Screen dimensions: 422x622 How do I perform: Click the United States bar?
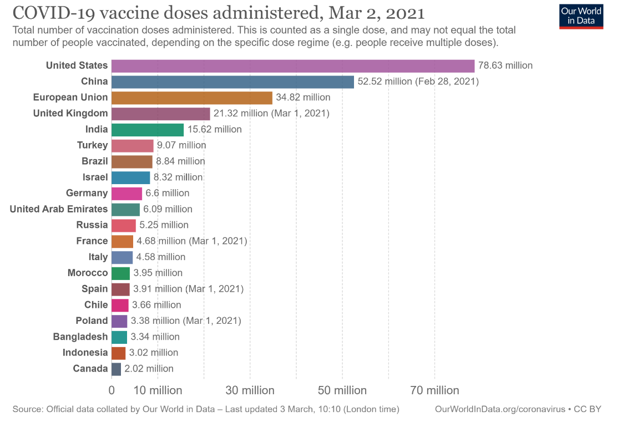[x=293, y=66]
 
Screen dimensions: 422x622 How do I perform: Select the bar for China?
[x=232, y=82]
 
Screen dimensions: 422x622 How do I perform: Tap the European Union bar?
[x=192, y=98]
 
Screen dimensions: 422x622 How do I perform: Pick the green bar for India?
[x=148, y=130]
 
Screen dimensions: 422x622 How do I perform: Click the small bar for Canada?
[x=117, y=369]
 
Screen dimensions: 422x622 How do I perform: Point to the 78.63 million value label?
[x=505, y=66]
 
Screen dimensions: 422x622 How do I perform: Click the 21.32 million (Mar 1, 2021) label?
[x=271, y=114]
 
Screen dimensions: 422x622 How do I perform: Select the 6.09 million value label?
[x=168, y=209]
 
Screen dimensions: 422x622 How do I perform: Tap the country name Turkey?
[x=92, y=145]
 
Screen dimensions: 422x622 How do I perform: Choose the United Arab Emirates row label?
[x=59, y=209]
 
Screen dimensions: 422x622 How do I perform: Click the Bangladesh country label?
[x=80, y=337]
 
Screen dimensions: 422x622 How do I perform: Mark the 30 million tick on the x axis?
[x=250, y=390]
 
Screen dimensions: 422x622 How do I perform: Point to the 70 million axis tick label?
[x=434, y=390]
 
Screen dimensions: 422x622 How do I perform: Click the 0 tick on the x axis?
[x=112, y=390]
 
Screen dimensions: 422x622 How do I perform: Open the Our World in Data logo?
[x=581, y=17]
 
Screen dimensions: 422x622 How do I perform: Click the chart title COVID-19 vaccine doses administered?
[x=219, y=13]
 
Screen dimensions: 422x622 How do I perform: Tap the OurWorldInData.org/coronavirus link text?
[x=499, y=409]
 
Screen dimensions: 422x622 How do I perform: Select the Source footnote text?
[x=205, y=409]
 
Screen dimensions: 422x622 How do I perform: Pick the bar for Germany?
[x=127, y=194]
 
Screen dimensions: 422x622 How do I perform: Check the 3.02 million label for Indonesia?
[x=154, y=353]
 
